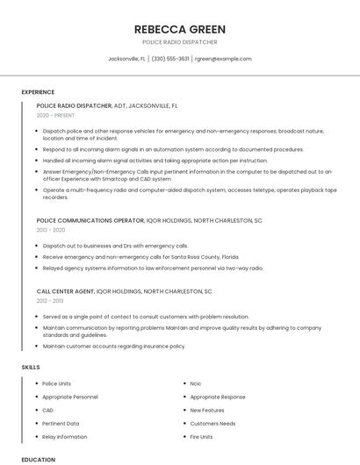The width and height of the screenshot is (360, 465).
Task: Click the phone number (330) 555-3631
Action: click(170, 59)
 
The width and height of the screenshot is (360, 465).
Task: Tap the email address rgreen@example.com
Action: click(223, 59)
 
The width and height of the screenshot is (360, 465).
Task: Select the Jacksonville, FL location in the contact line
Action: click(126, 59)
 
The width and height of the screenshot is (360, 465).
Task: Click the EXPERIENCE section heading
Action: click(38, 92)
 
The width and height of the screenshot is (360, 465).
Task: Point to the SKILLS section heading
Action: click(31, 367)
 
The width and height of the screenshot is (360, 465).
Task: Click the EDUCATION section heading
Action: click(38, 459)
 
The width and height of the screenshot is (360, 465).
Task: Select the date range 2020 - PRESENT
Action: click(55, 115)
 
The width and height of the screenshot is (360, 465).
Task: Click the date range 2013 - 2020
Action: click(50, 230)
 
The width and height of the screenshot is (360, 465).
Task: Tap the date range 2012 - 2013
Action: click(50, 300)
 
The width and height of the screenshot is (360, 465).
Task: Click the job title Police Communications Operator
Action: click(90, 220)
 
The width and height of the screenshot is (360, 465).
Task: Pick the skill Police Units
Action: click(57, 383)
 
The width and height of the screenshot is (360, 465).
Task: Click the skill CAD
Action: click(48, 410)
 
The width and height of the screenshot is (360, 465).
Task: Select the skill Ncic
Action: click(196, 383)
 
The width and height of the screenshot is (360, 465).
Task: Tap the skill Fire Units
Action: click(201, 436)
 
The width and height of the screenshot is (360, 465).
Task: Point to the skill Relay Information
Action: click(65, 436)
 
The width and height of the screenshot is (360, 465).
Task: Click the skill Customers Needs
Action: click(212, 423)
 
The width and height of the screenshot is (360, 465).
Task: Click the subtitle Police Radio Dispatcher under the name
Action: click(180, 41)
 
